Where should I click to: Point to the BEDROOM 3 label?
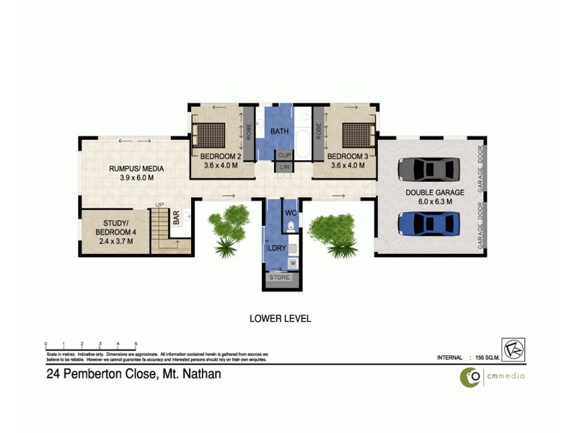(x=348, y=157)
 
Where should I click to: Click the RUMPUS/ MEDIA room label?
(x=137, y=169)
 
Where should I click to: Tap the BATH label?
(x=280, y=133)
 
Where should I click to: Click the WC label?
(x=291, y=214)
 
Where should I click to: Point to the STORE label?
(x=279, y=277)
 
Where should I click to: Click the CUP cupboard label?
(x=284, y=155)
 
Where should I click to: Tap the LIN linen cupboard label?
(x=284, y=167)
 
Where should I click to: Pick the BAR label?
(x=176, y=218)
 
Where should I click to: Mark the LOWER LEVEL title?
(x=280, y=318)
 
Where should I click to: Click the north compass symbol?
(x=514, y=349)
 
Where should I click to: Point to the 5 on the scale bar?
(x=136, y=344)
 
